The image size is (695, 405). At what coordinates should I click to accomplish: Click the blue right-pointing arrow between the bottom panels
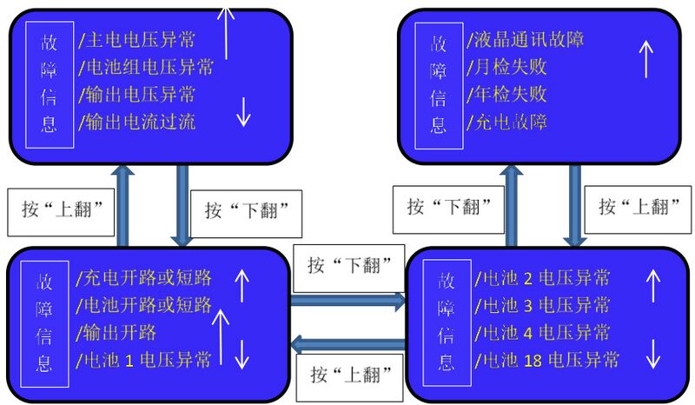point(347,302)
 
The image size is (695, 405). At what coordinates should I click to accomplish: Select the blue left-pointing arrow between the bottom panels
point(347,345)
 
